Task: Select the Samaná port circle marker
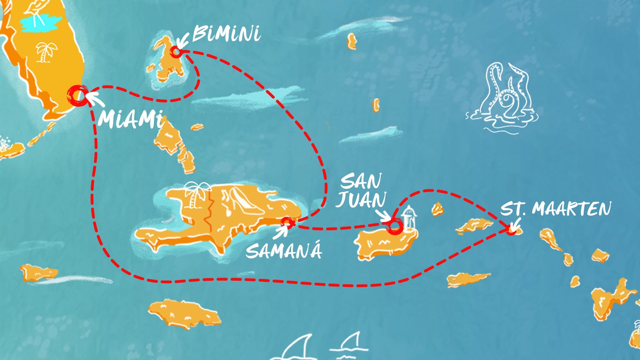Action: pyautogui.click(x=286, y=222)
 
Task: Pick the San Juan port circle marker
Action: pyautogui.click(x=394, y=226)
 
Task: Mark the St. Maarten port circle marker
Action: pyautogui.click(x=510, y=230)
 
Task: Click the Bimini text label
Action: pyautogui.click(x=226, y=34)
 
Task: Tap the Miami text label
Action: pyautogui.click(x=130, y=118)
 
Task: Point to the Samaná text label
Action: pyautogui.click(x=284, y=251)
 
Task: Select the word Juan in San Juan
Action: pyautogui.click(x=361, y=200)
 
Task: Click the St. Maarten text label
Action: pyautogui.click(x=556, y=209)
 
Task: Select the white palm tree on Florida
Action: pyautogui.click(x=46, y=52)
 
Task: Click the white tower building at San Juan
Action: pyautogui.click(x=409, y=218)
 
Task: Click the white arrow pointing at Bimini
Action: pyautogui.click(x=183, y=40)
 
